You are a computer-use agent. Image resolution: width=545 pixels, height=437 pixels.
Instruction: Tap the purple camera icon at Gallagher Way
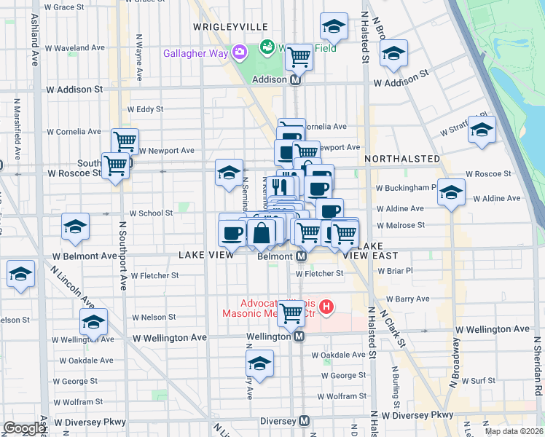coord(238,52)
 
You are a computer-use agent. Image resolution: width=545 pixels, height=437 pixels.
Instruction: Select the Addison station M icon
coord(296,80)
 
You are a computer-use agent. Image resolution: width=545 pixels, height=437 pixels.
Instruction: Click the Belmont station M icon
coord(301,256)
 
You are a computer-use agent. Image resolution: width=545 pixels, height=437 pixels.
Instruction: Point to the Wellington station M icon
coord(299,336)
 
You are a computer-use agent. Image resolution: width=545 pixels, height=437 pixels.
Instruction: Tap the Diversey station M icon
coord(305,421)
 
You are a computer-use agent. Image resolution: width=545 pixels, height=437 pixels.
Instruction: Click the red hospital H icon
coord(326,308)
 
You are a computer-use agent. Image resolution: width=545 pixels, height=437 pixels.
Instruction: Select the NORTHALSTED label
coord(402,159)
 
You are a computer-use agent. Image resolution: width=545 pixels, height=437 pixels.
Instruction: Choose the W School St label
coord(151,213)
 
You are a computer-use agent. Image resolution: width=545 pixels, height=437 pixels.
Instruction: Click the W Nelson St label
coord(154,318)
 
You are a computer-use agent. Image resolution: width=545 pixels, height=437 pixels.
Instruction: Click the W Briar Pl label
coord(395,269)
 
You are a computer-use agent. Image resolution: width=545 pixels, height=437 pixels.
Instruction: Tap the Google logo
coord(25,428)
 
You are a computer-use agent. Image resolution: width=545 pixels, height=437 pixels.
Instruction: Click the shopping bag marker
coord(261,233)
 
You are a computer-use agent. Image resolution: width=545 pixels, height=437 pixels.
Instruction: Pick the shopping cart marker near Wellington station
coord(291,313)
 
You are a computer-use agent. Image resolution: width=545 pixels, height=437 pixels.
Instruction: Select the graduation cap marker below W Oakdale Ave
coord(259,363)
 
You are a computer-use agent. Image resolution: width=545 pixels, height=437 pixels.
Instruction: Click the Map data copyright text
coord(514,431)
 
